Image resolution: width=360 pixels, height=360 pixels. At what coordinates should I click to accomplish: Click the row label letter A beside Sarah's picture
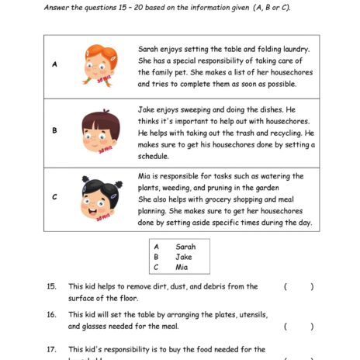click(x=54, y=64)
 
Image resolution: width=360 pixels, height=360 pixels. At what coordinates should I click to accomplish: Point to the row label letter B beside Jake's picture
click(x=54, y=130)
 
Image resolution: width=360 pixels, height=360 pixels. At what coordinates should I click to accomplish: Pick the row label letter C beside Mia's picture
click(x=54, y=197)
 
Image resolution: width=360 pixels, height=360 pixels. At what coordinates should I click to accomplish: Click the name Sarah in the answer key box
click(x=185, y=246)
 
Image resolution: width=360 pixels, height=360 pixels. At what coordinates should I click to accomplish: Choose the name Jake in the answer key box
click(x=183, y=257)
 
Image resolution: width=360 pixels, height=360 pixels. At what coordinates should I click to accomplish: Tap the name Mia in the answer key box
click(x=182, y=268)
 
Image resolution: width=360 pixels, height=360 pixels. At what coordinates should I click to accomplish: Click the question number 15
click(x=51, y=287)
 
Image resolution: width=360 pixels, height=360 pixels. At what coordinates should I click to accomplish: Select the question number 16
click(x=51, y=315)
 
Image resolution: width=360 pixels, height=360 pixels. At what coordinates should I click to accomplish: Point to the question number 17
click(x=51, y=349)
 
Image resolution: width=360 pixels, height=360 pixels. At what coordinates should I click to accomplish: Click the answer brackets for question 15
click(x=299, y=287)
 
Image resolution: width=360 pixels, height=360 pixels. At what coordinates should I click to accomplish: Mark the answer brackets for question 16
click(x=299, y=327)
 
